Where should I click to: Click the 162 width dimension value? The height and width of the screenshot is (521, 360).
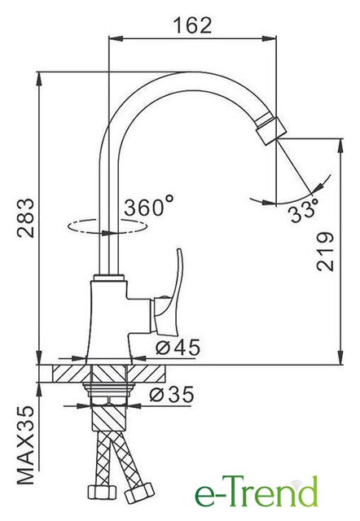193,25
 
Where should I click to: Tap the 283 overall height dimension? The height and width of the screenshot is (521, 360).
26,217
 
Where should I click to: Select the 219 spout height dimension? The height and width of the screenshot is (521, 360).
326,252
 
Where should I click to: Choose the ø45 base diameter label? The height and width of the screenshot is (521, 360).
178,348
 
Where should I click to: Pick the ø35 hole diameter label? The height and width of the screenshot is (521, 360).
172,395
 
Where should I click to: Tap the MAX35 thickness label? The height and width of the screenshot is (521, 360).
25,445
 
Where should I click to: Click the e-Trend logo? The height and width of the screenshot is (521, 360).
256,494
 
